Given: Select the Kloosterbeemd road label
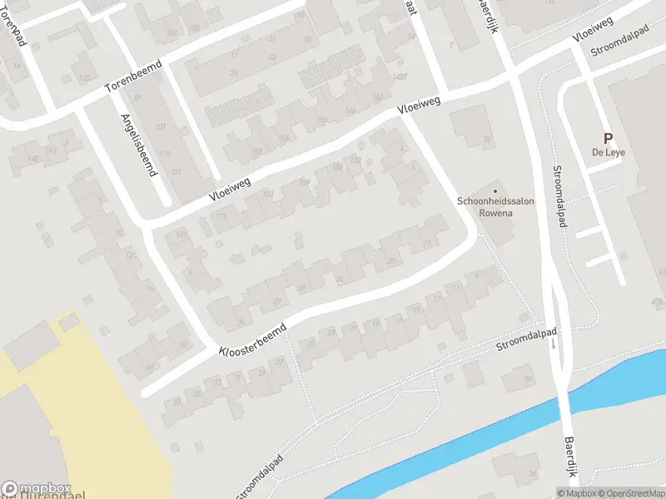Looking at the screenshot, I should coord(252,338).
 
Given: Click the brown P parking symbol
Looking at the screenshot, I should coord(608,140).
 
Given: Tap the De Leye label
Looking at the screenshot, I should coord(609,153).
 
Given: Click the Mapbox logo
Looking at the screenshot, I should coord(37,489).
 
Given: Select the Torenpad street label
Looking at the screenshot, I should coord(16,33).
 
